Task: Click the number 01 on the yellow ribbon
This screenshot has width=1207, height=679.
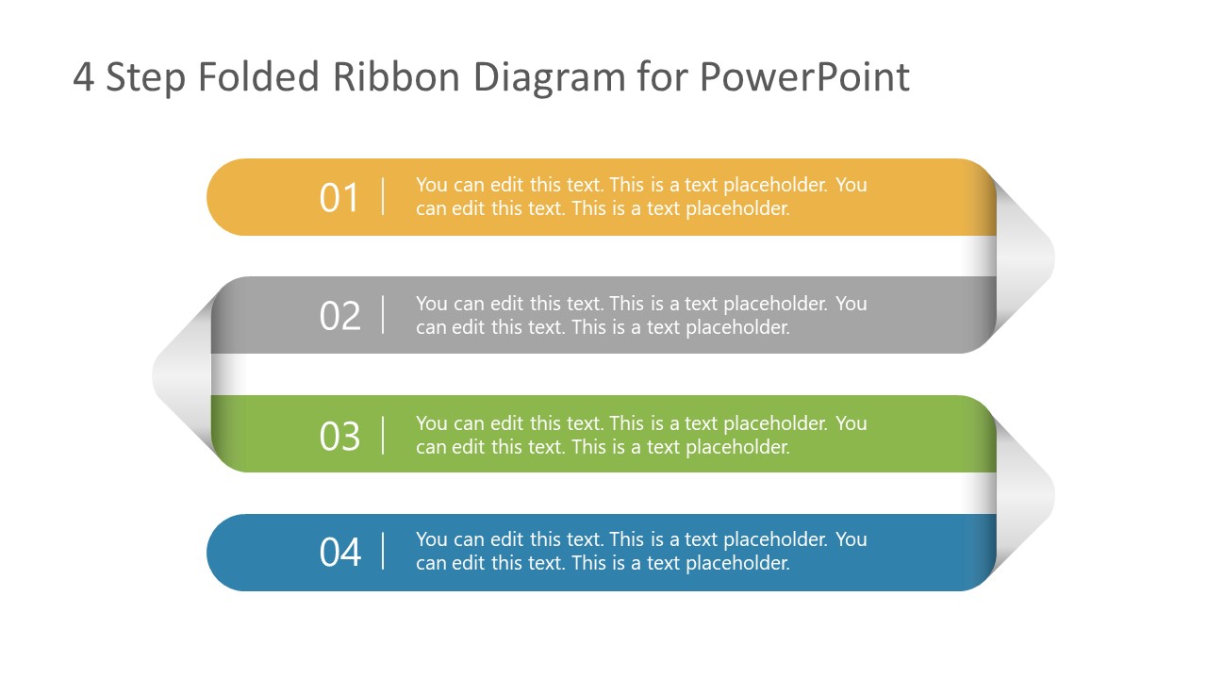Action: [339, 198]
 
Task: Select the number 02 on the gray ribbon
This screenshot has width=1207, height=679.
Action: [339, 316]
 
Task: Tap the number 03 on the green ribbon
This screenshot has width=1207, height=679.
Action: [339, 436]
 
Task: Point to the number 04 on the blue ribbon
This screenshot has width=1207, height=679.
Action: [339, 553]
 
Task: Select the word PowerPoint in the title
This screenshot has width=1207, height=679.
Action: [804, 77]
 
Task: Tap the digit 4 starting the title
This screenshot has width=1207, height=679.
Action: [83, 78]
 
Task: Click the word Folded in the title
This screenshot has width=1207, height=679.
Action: [259, 77]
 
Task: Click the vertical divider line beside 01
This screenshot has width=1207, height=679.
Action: [383, 196]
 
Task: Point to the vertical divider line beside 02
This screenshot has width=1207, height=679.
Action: [383, 314]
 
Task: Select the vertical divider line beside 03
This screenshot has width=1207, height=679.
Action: [383, 435]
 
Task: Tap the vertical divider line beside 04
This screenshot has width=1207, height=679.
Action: [383, 551]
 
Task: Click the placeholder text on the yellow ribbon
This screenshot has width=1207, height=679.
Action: [641, 196]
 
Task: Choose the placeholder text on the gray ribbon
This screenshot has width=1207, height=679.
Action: [641, 315]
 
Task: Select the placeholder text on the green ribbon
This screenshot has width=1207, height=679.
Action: [641, 435]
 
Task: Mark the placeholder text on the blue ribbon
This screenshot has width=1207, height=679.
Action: [641, 551]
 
